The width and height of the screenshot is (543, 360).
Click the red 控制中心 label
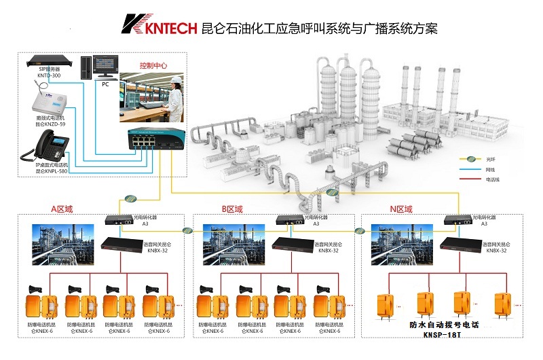[153, 66]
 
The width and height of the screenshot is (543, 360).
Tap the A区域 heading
[60, 209]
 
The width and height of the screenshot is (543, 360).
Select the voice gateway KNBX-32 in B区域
[291, 245]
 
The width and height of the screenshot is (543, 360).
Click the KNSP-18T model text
[445, 335]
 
